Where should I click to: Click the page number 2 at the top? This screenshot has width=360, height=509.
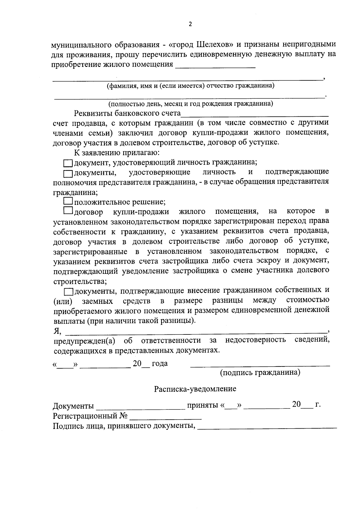pos(190,24)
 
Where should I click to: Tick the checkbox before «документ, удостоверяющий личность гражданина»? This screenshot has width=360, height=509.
pos(68,163)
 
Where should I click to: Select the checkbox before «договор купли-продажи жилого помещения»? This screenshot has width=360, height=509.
pos(68,211)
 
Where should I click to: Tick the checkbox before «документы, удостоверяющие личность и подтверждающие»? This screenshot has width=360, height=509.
pos(68,173)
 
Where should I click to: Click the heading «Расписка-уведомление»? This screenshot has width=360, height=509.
pos(195,389)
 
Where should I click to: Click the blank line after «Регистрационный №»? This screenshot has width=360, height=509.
pos(165,419)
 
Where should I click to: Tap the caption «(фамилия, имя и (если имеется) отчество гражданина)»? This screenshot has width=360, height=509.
pos(191,86)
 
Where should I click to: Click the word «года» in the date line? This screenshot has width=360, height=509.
pos(160,364)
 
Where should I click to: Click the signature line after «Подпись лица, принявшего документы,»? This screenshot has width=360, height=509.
pos(267,427)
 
